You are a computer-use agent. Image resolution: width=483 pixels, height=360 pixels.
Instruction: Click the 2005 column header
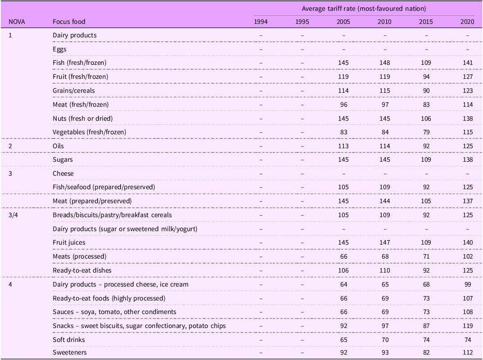pos(343,22)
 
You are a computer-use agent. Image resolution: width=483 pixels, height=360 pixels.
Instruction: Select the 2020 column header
pos(467,22)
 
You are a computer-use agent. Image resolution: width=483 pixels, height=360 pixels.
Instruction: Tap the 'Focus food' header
pos(69,22)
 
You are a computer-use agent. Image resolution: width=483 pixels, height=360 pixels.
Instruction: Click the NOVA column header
pos(17,22)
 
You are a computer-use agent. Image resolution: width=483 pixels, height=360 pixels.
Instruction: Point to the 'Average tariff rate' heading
pos(364,9)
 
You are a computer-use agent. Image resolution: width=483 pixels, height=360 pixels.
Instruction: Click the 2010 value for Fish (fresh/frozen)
pos(384,63)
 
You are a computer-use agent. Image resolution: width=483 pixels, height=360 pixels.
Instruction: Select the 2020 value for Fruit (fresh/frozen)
pos(468,77)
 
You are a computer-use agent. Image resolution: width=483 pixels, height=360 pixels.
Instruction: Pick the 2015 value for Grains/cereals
pos(426,91)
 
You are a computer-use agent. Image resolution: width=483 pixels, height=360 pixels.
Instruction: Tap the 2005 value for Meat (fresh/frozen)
pos(343,105)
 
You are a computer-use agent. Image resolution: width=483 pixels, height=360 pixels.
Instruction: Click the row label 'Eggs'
pos(59,49)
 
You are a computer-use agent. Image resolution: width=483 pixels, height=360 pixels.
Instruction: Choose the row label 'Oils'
pos(58,146)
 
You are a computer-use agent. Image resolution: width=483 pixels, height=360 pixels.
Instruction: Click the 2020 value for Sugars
pos(468,159)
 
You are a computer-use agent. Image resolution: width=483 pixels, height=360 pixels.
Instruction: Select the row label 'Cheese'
pos(63,173)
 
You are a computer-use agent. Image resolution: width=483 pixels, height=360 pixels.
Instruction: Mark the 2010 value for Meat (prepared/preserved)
pos(384,201)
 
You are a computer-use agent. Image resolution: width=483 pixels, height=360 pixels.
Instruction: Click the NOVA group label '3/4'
pos(13,215)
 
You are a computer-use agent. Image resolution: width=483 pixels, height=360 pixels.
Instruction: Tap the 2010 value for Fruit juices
pos(384,242)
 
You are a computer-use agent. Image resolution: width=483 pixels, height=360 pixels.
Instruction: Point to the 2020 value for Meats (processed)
pos(468,256)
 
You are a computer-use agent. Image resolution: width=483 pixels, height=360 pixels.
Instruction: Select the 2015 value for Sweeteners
pos(426,353)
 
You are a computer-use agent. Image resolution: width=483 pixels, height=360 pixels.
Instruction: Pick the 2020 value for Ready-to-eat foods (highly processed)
pos(468,298)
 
